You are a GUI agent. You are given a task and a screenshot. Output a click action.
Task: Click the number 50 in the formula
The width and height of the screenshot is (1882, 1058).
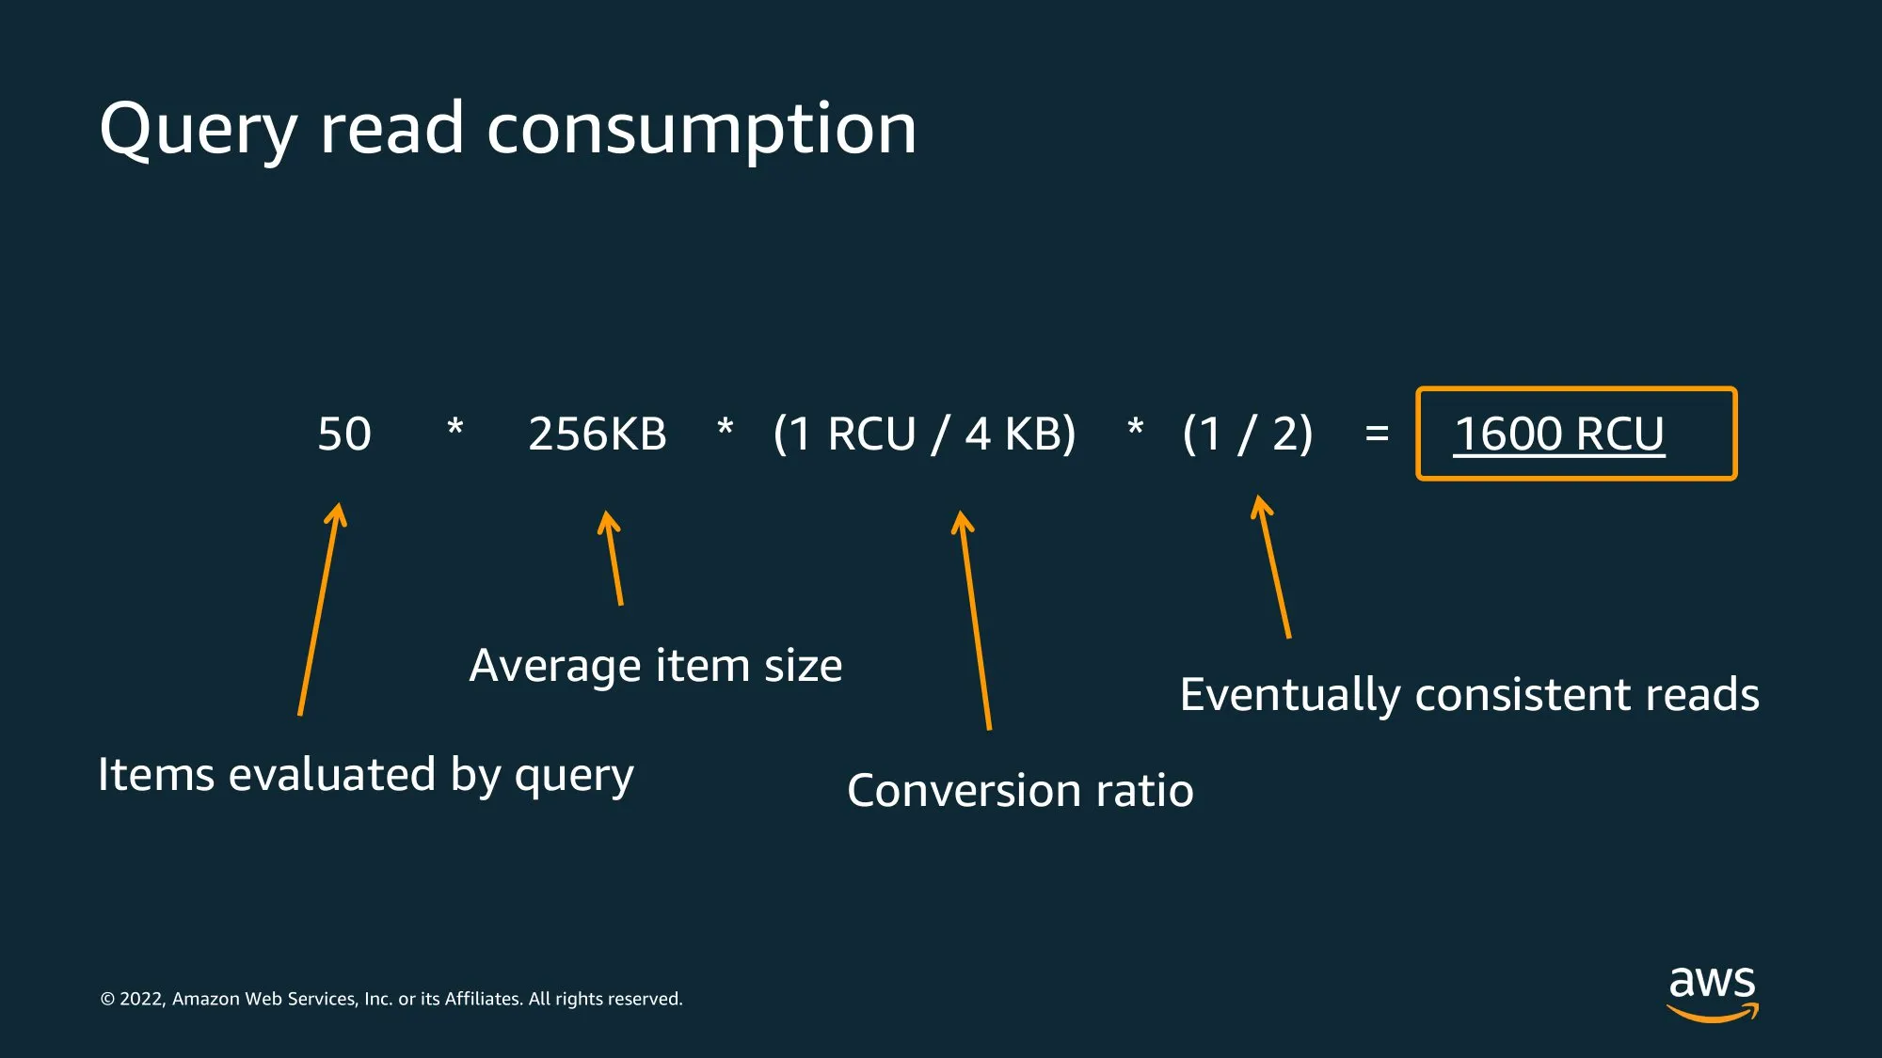(344, 434)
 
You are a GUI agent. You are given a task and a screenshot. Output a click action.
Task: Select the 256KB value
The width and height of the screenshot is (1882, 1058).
(598, 434)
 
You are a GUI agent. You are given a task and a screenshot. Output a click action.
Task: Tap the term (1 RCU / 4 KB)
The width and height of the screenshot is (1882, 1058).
(924, 434)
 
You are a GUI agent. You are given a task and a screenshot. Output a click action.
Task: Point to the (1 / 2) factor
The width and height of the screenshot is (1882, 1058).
(1247, 434)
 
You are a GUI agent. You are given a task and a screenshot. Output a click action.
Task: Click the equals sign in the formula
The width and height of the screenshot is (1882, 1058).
(1377, 434)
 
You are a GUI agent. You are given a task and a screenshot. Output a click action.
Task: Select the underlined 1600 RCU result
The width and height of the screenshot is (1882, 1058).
(1559, 434)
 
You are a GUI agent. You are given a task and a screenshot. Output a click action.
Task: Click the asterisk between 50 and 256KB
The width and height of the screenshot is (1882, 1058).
(455, 428)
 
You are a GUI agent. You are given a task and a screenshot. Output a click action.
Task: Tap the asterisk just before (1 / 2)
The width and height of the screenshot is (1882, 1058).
(1136, 428)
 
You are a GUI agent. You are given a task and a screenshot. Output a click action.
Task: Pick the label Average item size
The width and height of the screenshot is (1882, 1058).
(656, 666)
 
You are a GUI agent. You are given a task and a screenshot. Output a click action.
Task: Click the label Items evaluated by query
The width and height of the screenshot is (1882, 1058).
(366, 776)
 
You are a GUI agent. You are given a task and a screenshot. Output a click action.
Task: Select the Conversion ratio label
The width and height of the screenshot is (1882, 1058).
(1020, 791)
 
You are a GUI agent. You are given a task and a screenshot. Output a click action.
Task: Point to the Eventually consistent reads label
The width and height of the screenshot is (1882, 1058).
(1469, 696)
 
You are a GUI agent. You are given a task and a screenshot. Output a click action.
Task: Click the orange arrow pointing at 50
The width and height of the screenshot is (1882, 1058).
(320, 609)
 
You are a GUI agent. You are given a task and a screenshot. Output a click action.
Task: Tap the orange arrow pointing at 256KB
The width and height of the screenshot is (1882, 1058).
(613, 559)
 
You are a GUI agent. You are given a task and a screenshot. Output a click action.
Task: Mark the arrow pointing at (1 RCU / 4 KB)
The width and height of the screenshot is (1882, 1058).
(974, 621)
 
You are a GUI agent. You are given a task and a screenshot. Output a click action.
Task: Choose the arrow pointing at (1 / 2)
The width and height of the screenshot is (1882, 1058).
(1273, 567)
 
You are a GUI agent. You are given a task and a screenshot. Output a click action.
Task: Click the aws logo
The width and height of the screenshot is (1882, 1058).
(1713, 993)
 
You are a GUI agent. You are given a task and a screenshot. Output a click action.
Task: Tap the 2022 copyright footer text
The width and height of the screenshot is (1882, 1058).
(391, 999)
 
